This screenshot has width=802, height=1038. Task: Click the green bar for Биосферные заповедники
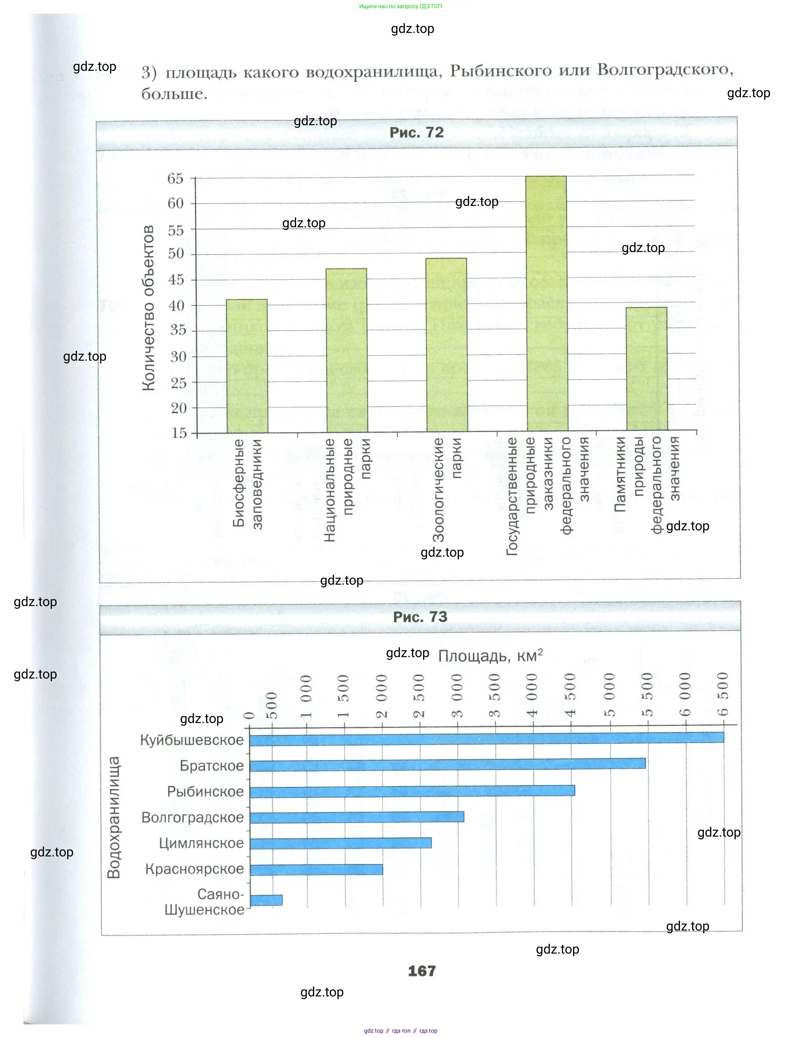pos(247,366)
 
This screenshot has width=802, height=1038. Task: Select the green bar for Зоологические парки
pos(447,345)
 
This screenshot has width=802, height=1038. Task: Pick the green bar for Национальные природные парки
pos(346,350)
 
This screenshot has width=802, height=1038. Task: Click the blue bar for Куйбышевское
pos(486,737)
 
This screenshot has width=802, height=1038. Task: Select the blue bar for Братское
pos(447,763)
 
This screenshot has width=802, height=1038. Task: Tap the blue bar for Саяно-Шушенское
pos(266,900)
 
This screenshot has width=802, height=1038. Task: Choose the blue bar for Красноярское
pos(316,870)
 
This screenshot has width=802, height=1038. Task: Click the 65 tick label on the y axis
pos(175,179)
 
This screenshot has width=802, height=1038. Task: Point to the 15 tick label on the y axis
pos(179,433)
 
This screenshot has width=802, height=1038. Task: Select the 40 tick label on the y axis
pos(176,306)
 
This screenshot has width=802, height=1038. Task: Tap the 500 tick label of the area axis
pos(271,705)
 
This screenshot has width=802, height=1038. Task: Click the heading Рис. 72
pos(416,133)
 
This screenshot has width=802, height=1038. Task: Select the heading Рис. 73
pos(420,617)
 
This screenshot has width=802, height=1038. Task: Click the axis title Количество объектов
pos(148,308)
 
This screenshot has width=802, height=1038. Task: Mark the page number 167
pos(422,971)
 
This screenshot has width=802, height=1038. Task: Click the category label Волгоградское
pos(192,817)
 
